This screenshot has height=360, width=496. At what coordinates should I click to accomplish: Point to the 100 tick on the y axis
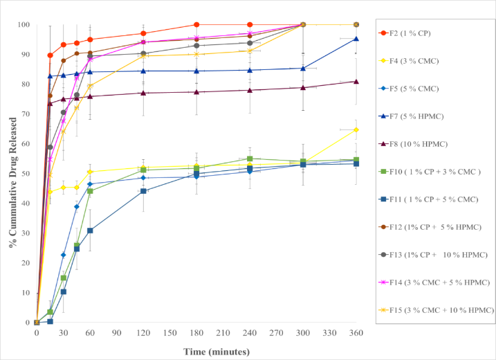point(26,24)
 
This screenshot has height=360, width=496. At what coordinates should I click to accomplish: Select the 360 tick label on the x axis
point(356,333)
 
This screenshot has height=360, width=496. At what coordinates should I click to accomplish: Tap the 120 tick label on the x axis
point(143,333)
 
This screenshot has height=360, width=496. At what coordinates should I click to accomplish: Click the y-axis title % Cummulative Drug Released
point(12,176)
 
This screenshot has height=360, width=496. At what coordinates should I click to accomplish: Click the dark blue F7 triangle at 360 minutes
point(356,39)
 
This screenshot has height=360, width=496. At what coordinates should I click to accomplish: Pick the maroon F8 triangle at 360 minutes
point(356,82)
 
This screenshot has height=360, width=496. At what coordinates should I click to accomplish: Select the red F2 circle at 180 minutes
point(196,25)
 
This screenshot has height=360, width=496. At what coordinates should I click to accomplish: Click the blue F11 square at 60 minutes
point(90,231)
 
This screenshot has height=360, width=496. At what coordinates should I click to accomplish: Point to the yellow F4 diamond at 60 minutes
point(90,172)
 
